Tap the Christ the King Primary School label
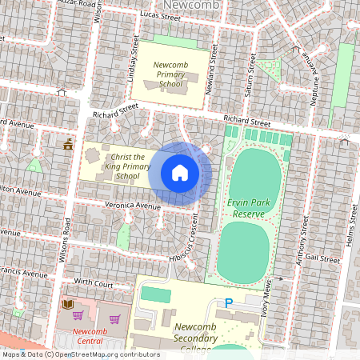click(x=127, y=166)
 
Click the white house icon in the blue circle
click(x=180, y=173)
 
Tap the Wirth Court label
click(x=93, y=282)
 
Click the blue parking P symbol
click(x=229, y=303)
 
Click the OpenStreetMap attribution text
click(x=80, y=354)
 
